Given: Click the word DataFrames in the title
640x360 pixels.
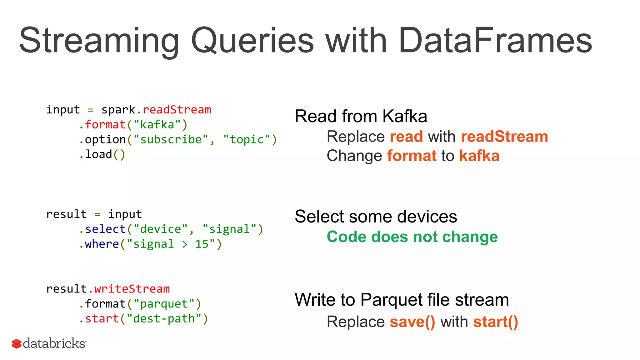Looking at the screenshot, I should click(x=495, y=41).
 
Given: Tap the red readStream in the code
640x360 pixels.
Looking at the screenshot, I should click(x=177, y=110).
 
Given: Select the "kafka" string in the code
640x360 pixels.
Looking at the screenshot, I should click(x=157, y=125).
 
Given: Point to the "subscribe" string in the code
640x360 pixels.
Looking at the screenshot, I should click(x=171, y=139).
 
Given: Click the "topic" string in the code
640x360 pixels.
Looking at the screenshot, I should click(x=247, y=139).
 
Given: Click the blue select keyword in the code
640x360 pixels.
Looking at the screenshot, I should click(x=105, y=229).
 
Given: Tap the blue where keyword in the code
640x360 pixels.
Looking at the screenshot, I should click(x=102, y=244).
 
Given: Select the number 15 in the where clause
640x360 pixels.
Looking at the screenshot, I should click(x=202, y=244).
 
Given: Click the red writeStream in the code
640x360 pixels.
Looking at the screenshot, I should click(x=132, y=289).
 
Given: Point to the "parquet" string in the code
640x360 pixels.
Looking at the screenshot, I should click(x=164, y=304).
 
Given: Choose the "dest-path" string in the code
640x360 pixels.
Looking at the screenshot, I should click(x=164, y=319).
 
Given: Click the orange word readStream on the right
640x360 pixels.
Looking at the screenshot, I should click(x=504, y=137).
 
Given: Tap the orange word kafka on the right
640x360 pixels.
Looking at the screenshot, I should click(x=479, y=156).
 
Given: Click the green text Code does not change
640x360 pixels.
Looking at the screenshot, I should click(x=412, y=237).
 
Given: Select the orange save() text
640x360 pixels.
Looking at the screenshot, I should click(x=412, y=322).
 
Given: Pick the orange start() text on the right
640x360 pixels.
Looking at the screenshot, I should click(x=496, y=322).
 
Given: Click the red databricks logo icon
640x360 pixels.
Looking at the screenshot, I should click(x=17, y=343).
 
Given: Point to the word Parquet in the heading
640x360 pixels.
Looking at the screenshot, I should click(x=391, y=300).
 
